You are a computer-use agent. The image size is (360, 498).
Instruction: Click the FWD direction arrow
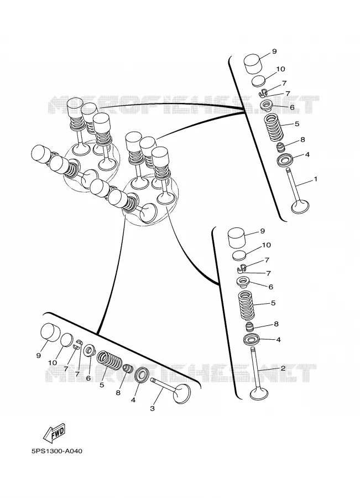pyautogui.click(x=54, y=433)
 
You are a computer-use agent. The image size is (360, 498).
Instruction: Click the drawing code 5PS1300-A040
pyautogui.click(x=57, y=452)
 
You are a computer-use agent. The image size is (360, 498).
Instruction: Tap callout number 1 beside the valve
pyautogui.click(x=315, y=179)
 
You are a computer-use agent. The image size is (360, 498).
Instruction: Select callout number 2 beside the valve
pyautogui.click(x=283, y=369)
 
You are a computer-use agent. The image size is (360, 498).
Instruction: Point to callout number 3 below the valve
pyautogui.click(x=152, y=408)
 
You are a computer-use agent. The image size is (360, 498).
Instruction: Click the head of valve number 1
pyautogui.click(x=300, y=207)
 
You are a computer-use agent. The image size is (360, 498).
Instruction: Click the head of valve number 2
pyautogui.click(x=259, y=393)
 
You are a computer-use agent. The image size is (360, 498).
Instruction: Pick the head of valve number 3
pyautogui.click(x=182, y=394)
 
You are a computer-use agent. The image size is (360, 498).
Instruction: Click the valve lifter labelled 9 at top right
pyautogui.click(x=253, y=64)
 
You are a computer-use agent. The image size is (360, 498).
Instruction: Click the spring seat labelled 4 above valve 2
pyautogui.click(x=252, y=340)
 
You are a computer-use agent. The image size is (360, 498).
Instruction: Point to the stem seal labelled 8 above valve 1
pyautogui.click(x=280, y=148)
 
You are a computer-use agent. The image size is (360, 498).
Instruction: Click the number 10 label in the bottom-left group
pyautogui.click(x=53, y=362)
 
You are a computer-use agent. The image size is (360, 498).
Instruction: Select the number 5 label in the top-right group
pyautogui.click(x=297, y=124)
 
